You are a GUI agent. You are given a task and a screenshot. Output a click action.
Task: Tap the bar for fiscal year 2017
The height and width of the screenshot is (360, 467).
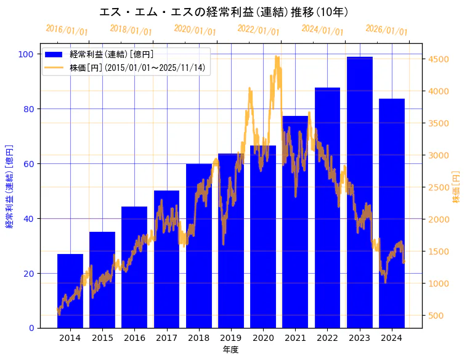166,260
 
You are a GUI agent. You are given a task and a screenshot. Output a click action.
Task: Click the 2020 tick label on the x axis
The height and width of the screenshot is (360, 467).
263,338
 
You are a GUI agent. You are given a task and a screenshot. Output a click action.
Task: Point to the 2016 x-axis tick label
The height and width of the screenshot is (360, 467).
134,338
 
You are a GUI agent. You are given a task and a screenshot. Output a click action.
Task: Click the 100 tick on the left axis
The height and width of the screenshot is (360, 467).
26,54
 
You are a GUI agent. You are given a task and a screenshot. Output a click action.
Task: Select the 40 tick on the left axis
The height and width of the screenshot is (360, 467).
28,219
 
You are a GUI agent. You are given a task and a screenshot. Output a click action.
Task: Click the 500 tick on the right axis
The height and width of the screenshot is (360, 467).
437,316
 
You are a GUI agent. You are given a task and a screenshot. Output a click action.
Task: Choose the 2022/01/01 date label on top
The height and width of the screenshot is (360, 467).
259,30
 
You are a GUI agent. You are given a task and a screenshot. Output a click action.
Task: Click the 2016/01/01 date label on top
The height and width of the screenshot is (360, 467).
67,30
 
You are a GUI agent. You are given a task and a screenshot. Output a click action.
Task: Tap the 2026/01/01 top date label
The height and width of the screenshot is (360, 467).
386,30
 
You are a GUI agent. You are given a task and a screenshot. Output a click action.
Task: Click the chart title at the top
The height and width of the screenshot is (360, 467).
233,12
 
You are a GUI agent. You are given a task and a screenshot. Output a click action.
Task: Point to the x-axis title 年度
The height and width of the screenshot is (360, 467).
231,350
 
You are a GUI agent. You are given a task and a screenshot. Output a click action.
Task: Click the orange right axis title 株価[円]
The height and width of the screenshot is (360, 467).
456,188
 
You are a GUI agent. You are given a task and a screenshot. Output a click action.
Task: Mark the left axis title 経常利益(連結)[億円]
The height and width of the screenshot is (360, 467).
9,188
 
